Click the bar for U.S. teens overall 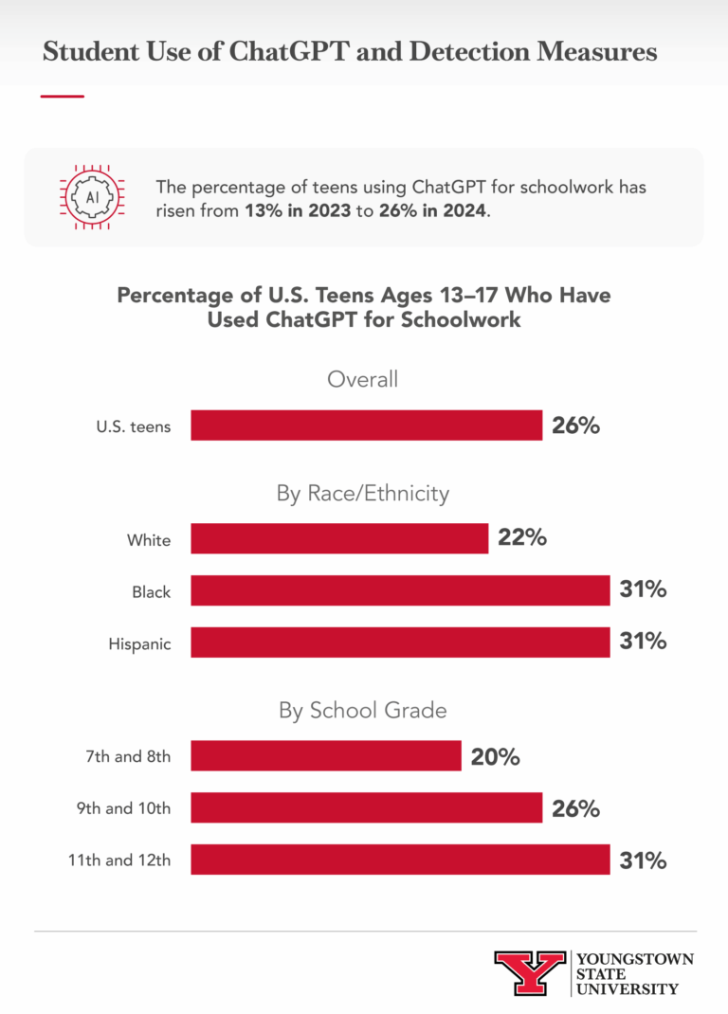pyautogui.click(x=366, y=426)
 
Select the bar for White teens pyautogui.click(x=339, y=538)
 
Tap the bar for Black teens pyautogui.click(x=400, y=590)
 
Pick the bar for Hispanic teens pyautogui.click(x=400, y=643)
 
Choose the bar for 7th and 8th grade pyautogui.click(x=326, y=756)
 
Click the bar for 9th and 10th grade pyautogui.click(x=366, y=808)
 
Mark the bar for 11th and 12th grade pyautogui.click(x=400, y=860)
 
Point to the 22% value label pyautogui.click(x=522, y=538)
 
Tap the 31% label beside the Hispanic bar pyautogui.click(x=643, y=643)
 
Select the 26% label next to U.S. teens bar pyautogui.click(x=576, y=426)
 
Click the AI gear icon pyautogui.click(x=92, y=197)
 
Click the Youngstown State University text pyautogui.click(x=634, y=973)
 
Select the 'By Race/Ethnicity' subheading pyautogui.click(x=363, y=494)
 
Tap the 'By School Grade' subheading pyautogui.click(x=363, y=711)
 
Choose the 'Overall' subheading pyautogui.click(x=363, y=380)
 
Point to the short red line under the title pyautogui.click(x=63, y=96)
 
